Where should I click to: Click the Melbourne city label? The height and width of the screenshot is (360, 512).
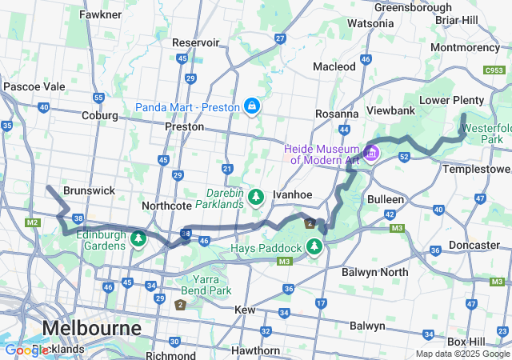click(91, 328)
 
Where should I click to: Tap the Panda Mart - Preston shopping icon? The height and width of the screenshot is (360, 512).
click(252, 106)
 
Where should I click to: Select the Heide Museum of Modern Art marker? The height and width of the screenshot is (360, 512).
click(371, 152)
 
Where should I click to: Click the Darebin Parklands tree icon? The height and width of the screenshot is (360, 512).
click(256, 196)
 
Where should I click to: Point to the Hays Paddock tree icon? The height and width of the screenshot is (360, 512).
click(314, 246)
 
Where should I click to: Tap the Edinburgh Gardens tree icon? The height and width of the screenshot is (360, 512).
click(138, 238)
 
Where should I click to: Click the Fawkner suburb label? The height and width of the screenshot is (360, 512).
click(101, 14)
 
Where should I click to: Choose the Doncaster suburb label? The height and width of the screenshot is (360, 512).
click(474, 245)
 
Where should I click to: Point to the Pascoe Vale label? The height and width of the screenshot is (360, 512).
click(34, 86)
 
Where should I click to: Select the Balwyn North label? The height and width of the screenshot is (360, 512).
click(374, 272)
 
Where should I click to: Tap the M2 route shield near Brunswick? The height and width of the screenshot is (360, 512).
click(33, 222)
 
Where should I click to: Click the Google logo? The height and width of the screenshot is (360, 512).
click(26, 350)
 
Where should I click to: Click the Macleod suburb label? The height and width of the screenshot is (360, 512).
click(334, 66)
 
